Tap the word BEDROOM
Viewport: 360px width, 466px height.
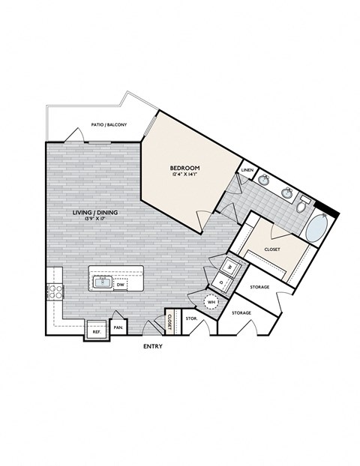pyautogui.click(x=183, y=168)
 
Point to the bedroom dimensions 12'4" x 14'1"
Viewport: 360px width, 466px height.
pyautogui.click(x=183, y=175)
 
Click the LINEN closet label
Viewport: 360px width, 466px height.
pyautogui.click(x=247, y=171)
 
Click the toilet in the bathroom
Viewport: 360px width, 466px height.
pyautogui.click(x=304, y=205)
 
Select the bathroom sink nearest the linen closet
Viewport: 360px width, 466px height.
pyautogui.click(x=265, y=179)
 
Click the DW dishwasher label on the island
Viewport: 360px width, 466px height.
pyautogui.click(x=120, y=284)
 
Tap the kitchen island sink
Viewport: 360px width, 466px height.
pyautogui.click(x=101, y=282)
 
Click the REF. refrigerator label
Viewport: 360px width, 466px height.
pyautogui.click(x=97, y=330)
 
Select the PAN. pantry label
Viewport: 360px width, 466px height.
pyautogui.click(x=118, y=327)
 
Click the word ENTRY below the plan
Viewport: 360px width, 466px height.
pyautogui.click(x=152, y=347)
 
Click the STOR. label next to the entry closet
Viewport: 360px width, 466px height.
pyautogui.click(x=190, y=318)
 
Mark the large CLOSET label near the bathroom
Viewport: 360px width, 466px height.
pyautogui.click(x=272, y=248)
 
